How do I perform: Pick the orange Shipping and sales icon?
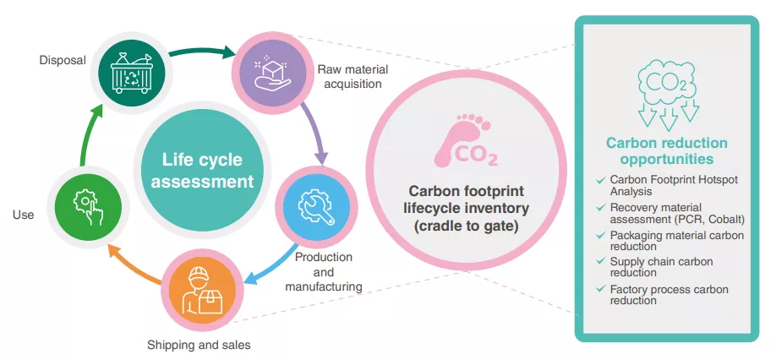pyautogui.click(x=201, y=288)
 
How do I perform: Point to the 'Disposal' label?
pyautogui.click(x=63, y=60)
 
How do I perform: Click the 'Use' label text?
pyautogui.click(x=24, y=215)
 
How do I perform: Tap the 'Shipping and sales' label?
pyautogui.click(x=199, y=345)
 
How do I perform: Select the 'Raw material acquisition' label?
pyautogui.click(x=347, y=77)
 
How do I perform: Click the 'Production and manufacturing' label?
pyautogui.click(x=328, y=271)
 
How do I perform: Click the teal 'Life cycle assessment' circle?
pyautogui.click(x=202, y=170)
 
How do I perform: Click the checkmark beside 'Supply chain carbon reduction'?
pyautogui.click(x=600, y=262)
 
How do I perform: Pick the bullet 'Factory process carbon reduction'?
pyautogui.click(x=669, y=295)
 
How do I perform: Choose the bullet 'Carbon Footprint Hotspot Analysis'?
pyautogui.click(x=669, y=185)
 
